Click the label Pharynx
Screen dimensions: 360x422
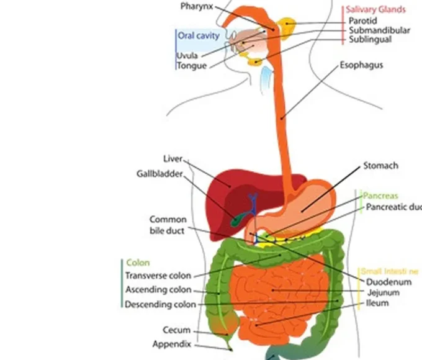pos(197,6)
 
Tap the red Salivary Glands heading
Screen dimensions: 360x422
pos(375,9)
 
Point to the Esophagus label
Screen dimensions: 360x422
pos(361,65)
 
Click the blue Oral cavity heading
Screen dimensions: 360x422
pos(199,36)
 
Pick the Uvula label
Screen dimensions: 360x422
pos(187,55)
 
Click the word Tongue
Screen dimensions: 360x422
pos(191,66)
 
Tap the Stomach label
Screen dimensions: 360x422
pos(380,166)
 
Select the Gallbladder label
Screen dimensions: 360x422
pos(159,174)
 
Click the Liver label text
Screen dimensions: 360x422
pos(173,160)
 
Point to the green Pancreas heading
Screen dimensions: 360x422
pos(380,196)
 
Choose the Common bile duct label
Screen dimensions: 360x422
pos(168,225)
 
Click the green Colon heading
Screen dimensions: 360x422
pos(138,263)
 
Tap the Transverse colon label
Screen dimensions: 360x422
pos(158,276)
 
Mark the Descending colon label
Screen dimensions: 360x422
pos(160,304)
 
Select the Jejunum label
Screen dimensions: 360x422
pos(383,292)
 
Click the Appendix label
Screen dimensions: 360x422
pos(172,344)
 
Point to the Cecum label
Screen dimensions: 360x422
pos(177,330)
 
